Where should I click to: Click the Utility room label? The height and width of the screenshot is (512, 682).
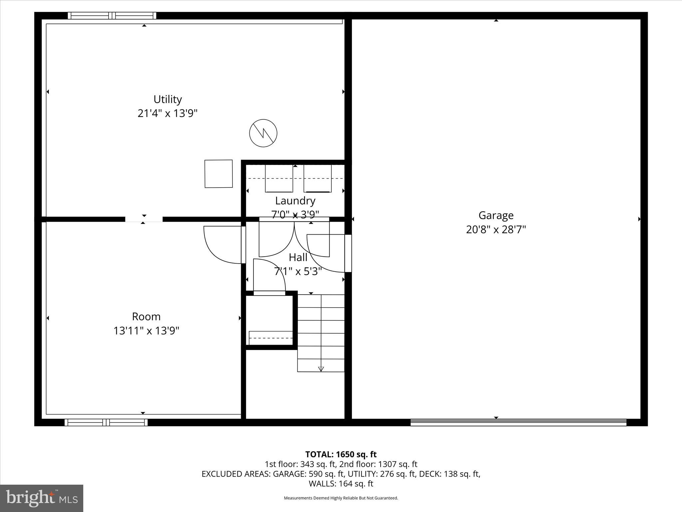click(168, 99)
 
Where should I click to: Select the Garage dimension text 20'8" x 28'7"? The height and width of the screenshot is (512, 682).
click(496, 230)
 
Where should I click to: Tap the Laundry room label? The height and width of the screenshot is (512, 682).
click(295, 201)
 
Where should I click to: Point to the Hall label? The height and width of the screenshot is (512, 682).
click(298, 257)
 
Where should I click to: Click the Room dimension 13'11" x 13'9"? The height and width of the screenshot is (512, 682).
click(146, 331)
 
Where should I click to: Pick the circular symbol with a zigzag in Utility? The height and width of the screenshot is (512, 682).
click(263, 133)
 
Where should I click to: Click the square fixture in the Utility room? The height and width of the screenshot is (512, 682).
click(218, 174)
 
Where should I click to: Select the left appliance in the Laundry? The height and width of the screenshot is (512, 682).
click(279, 178)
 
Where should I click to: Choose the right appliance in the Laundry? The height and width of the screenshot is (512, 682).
click(317, 178)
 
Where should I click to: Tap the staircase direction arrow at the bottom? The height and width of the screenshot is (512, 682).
click(321, 369)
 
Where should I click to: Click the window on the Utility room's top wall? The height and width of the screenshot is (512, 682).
click(112, 16)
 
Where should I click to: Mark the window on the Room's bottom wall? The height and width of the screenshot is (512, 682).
click(106, 422)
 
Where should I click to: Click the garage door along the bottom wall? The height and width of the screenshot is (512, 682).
click(518, 422)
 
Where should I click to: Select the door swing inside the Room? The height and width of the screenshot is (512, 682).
click(222, 245)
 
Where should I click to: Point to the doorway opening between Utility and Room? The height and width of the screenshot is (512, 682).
click(144, 219)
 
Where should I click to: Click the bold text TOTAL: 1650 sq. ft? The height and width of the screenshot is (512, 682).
click(341, 454)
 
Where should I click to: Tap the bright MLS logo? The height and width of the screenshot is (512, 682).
click(42, 498)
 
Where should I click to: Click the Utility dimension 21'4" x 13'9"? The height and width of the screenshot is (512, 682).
click(168, 113)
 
